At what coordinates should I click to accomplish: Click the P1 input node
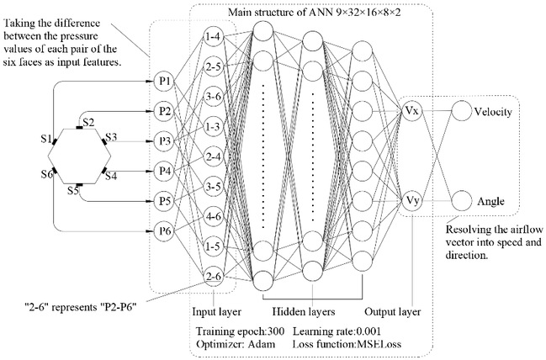coord(165,81)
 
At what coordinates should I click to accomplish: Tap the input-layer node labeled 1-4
coord(212,37)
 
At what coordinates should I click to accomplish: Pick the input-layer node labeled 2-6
coord(212,275)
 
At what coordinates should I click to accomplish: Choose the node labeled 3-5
coord(212,186)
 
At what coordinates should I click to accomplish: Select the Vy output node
coord(413,201)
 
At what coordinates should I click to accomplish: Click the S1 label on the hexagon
coord(50,136)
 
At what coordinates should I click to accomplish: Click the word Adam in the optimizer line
coord(259,344)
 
